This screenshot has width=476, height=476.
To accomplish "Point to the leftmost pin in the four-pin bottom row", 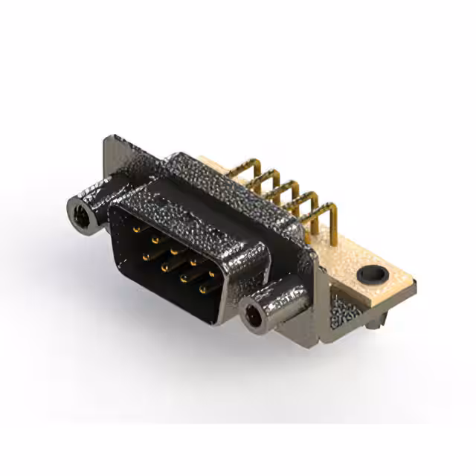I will [x=146, y=255].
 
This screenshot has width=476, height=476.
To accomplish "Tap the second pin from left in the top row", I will [x=155, y=240].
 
